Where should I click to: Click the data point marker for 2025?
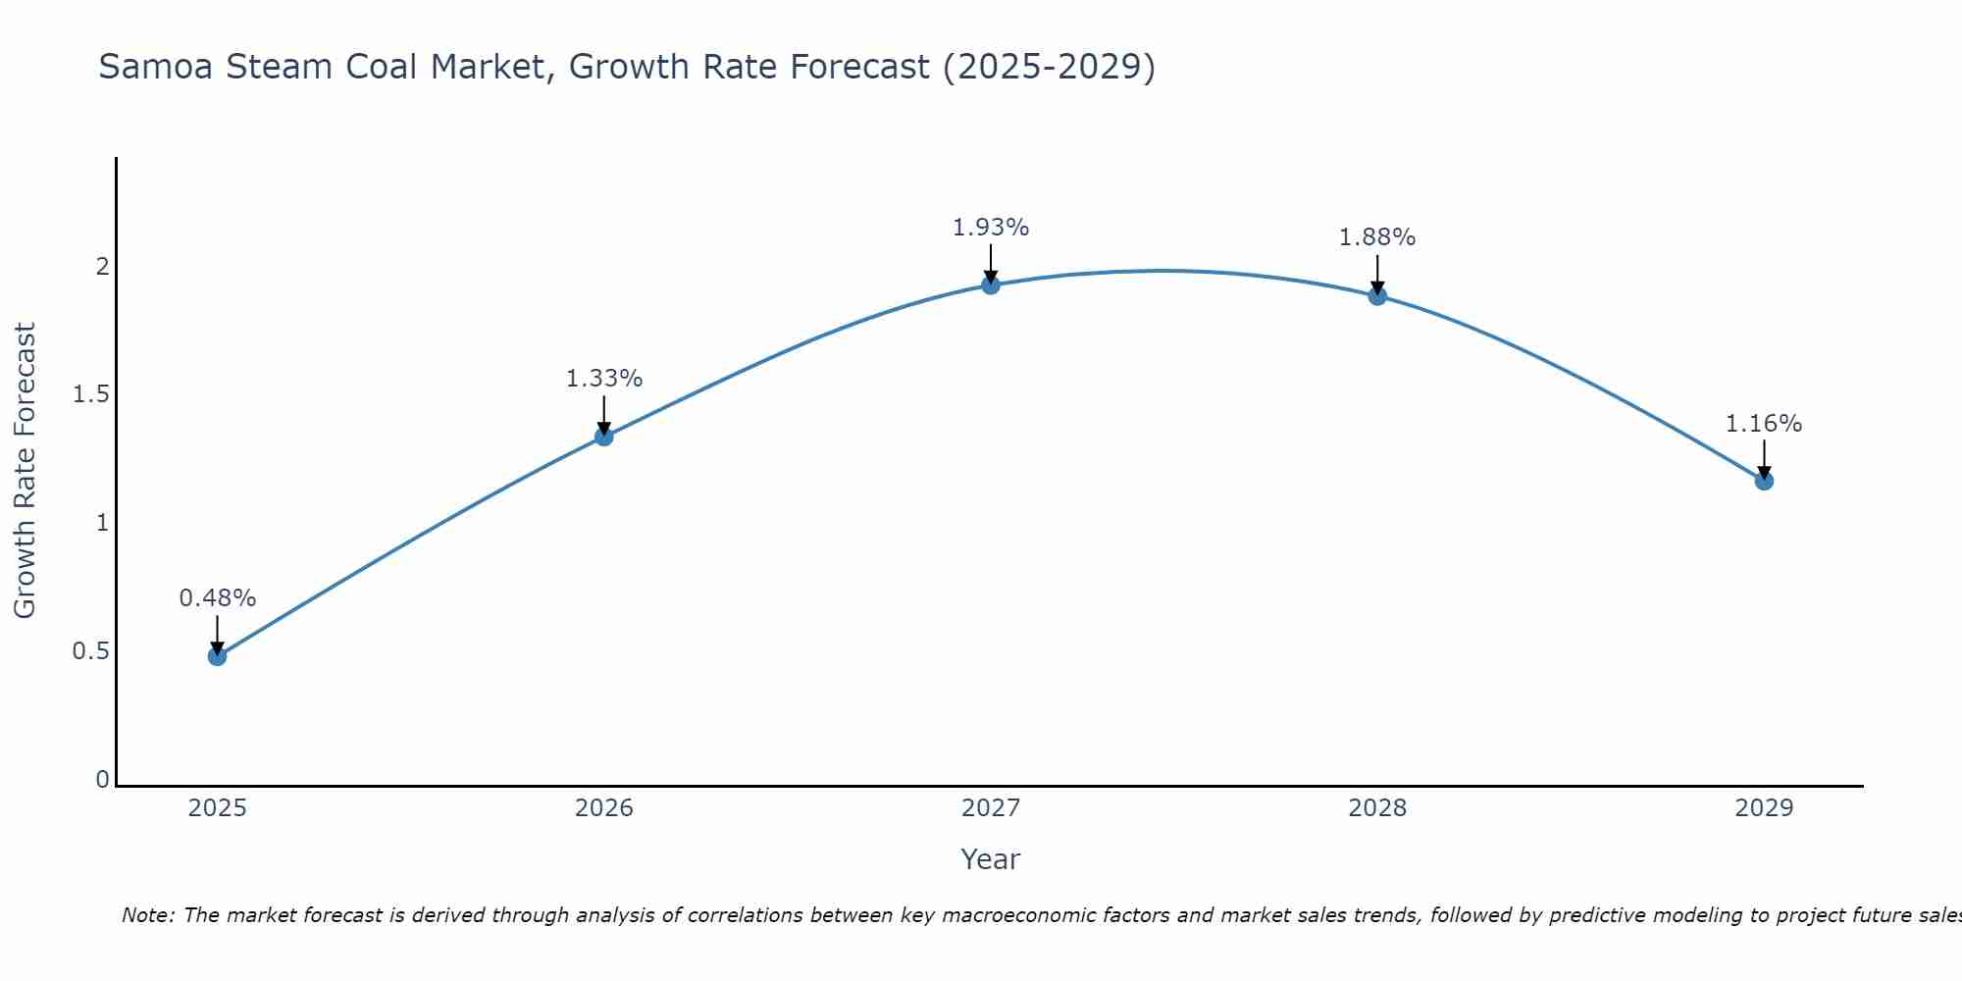click(218, 656)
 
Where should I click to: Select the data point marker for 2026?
click(604, 437)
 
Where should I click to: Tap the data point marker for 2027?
click(991, 285)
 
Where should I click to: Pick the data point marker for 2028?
click(1377, 296)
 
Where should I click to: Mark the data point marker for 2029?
click(1764, 481)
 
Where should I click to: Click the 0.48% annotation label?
click(218, 597)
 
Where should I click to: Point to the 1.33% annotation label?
click(604, 378)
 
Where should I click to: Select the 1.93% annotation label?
click(991, 228)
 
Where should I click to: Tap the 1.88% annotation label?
click(1377, 237)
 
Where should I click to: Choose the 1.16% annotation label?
click(1764, 424)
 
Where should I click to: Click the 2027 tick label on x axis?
click(991, 808)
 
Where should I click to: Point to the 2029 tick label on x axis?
click(1764, 808)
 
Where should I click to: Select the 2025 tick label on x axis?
click(218, 808)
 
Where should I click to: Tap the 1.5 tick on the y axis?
click(90, 394)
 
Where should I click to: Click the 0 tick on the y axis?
click(102, 780)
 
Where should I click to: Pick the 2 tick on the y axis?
click(102, 266)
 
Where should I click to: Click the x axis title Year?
click(991, 859)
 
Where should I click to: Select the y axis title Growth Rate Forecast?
click(26, 471)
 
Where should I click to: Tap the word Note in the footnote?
click(146, 915)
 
